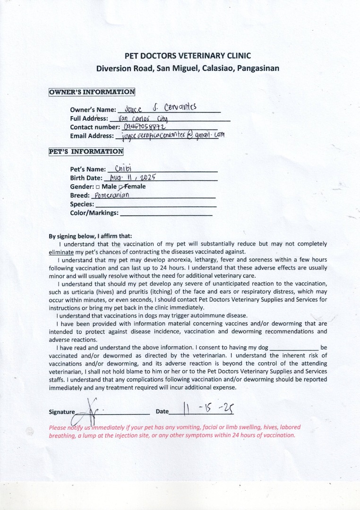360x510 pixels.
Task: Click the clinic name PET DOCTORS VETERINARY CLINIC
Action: [188, 55]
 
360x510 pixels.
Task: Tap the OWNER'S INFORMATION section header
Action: [92, 92]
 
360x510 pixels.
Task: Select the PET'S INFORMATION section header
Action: [86, 152]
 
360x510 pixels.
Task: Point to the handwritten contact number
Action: [144, 127]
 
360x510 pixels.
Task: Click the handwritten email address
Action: [172, 136]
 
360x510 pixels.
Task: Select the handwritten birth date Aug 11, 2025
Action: [132, 178]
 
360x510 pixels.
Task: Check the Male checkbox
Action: [97, 187]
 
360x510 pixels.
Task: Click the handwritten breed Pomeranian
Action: [112, 195]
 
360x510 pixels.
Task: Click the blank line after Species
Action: [155, 205]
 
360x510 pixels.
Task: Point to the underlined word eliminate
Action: [61, 252]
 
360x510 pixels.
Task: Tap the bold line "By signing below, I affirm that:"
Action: [91, 236]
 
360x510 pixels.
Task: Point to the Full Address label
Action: [89, 119]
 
